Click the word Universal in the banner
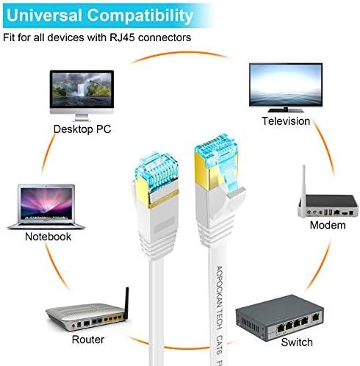44,15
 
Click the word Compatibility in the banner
140,16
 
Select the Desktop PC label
82,129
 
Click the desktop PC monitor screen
82,90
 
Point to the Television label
286,121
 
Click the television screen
286,85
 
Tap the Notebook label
48,237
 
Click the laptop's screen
46,204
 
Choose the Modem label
328,225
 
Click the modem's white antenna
304,181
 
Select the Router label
88,340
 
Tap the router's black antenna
126,303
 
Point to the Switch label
297,342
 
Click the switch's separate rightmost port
315,318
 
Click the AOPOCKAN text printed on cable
219,285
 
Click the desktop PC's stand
82,117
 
